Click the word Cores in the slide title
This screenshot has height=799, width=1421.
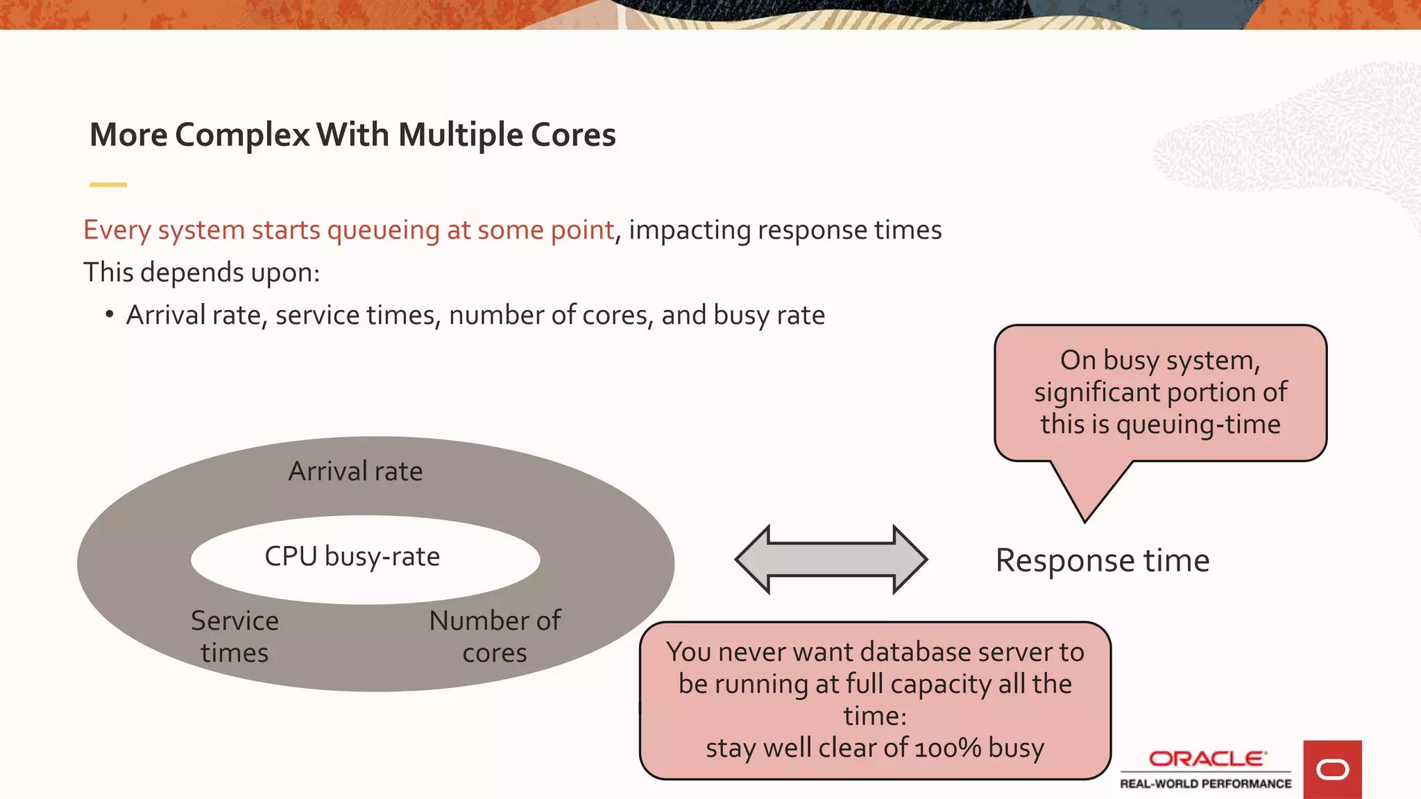pos(572,135)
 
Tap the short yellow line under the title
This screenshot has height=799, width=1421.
pos(108,184)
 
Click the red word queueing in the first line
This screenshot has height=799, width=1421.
pos(383,230)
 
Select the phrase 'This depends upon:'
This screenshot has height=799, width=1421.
pos(201,273)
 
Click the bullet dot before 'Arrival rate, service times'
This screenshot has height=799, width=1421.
pos(109,315)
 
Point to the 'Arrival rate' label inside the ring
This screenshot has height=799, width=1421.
pos(355,472)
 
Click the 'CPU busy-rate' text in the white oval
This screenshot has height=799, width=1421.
pos(352,557)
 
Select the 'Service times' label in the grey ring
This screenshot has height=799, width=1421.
pos(235,637)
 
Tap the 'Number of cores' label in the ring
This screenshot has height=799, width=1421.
pos(495,637)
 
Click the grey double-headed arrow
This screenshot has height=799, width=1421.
pos(831,559)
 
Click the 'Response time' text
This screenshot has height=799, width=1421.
pos(1102,560)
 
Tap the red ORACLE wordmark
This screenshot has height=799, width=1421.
pos(1207,759)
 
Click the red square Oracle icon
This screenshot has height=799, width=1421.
pos(1331,769)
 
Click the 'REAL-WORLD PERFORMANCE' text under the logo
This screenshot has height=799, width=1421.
pos(1205,784)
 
